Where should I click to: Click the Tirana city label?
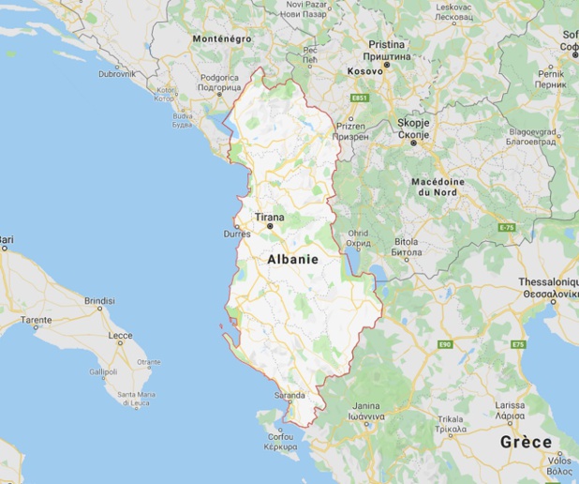(x=270, y=216)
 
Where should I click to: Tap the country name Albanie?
(x=291, y=259)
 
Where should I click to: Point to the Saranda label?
(x=289, y=396)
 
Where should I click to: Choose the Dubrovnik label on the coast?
(x=117, y=72)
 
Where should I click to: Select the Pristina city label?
(x=386, y=44)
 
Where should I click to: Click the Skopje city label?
(x=413, y=124)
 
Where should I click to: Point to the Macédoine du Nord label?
(x=437, y=186)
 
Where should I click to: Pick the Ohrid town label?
(x=358, y=233)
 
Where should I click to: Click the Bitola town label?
(x=406, y=241)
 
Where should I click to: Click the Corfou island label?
(x=280, y=436)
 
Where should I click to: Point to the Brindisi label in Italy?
(x=99, y=301)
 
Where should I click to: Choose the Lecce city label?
(x=120, y=335)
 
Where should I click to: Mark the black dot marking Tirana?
(x=270, y=226)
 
